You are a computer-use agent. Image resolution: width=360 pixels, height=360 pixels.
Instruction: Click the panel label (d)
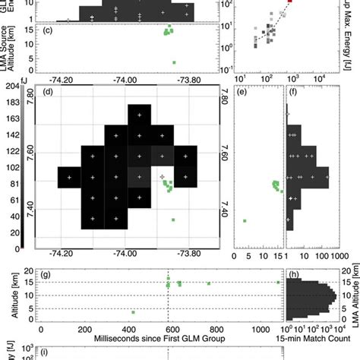48,93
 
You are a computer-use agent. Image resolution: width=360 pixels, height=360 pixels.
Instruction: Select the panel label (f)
292,93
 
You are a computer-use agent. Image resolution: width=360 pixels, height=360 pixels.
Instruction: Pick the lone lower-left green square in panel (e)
245,220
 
